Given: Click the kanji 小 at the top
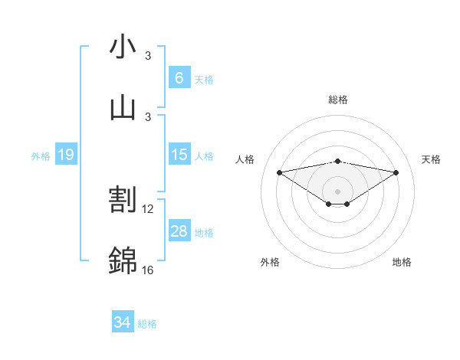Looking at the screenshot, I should [123, 47].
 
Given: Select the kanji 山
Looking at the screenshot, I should [123, 107].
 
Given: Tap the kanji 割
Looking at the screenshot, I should [123, 201].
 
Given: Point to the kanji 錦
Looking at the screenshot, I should [123, 261].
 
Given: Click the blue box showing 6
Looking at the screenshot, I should [179, 77].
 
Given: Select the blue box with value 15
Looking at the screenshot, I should [179, 155].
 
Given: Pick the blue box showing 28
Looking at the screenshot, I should [179, 231].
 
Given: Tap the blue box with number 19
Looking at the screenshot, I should [65, 155].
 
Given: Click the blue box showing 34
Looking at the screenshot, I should [122, 322].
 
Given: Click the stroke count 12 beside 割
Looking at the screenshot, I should [148, 208].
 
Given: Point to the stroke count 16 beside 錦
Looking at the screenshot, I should [148, 270].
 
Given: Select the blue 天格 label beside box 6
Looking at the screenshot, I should [204, 79].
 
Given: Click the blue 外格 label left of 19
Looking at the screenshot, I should [41, 155].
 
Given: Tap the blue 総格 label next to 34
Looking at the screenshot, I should [147, 323].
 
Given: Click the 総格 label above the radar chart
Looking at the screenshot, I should [337, 100].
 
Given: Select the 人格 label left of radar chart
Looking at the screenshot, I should [246, 159].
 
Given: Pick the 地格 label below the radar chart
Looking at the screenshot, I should [402, 262].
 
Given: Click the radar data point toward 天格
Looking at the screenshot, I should [396, 172].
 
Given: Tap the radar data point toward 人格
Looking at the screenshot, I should [280, 172].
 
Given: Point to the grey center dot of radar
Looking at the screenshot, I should [337, 191].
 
